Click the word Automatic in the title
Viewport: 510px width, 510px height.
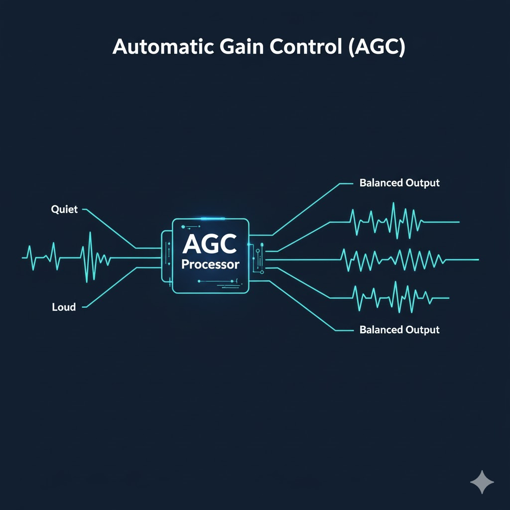[163, 46]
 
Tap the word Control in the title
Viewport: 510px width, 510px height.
[306, 46]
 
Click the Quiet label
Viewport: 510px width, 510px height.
[64, 209]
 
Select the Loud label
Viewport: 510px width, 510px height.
[64, 307]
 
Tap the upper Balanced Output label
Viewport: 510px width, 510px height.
[399, 183]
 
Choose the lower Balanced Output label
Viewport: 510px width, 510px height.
[399, 330]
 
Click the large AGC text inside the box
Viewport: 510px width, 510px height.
[210, 244]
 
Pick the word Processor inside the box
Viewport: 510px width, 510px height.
[210, 264]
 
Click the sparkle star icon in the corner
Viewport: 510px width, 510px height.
[482, 482]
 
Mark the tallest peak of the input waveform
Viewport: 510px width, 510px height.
[90, 233]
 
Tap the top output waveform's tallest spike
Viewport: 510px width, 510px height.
[393, 204]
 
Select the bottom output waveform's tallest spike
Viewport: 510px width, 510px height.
[395, 282]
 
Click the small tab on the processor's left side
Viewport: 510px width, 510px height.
[166, 256]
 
